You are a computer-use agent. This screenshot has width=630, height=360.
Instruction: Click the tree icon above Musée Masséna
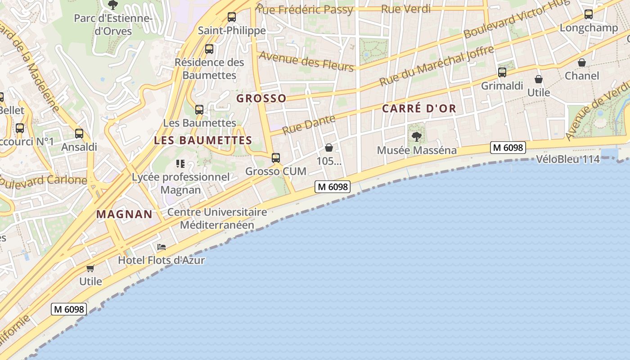pos(417,136)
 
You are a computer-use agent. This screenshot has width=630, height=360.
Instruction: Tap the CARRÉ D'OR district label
pos(419,108)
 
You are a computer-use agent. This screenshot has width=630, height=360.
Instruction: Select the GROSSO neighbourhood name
pos(261,98)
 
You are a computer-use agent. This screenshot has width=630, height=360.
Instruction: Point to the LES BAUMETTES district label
pos(203,140)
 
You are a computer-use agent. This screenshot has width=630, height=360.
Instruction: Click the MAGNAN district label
pos(125,214)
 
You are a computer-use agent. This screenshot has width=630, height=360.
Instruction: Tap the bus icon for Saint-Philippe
pos(232,17)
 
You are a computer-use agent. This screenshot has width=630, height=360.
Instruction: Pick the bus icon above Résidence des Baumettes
pos(209,49)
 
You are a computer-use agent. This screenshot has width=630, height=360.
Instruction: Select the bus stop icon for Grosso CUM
pos(276,158)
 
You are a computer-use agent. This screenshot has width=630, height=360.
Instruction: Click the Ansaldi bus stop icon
pos(79,134)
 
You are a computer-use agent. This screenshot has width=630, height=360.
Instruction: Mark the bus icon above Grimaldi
pos(502,72)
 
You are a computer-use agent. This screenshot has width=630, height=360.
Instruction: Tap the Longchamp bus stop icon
pos(589,14)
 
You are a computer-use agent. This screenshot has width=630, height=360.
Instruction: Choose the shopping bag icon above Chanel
pos(582,63)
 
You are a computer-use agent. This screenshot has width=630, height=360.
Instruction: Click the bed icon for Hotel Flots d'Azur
pos(162,247)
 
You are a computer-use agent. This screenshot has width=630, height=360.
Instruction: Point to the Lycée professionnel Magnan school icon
pos(180,164)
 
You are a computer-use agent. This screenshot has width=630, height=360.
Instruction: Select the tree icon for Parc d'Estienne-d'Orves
pos(112,5)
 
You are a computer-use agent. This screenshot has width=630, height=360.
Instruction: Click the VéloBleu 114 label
pos(568,159)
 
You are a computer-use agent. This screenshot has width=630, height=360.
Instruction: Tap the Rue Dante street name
pos(309,125)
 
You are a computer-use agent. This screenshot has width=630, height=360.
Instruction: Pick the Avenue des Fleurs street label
pos(306,61)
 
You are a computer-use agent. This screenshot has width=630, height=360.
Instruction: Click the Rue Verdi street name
pos(406,9)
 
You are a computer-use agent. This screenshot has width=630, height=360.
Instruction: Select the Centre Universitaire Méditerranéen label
pos(217,218)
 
